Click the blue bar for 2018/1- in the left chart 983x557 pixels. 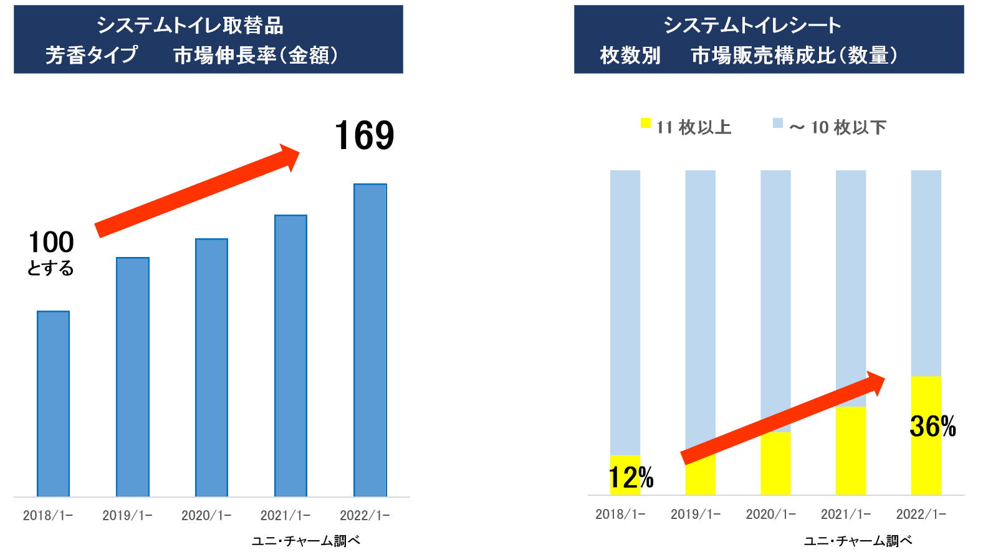click(53, 404)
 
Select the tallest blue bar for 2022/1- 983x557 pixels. click(370, 340)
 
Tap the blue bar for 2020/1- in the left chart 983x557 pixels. click(211, 367)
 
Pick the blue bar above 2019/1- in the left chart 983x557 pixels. click(132, 377)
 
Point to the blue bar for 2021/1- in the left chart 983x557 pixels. click(290, 356)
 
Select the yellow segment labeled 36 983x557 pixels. click(926, 435)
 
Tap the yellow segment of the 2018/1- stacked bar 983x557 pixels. click(625, 475)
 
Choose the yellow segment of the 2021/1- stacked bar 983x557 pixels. click(851, 450)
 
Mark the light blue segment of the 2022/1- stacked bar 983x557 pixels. click(926, 273)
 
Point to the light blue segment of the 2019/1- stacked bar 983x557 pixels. click(700, 309)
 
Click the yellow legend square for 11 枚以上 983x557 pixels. click(646, 124)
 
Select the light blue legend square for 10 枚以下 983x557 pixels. click(777, 124)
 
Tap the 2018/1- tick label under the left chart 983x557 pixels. click(48, 515)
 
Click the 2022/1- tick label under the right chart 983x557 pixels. click(921, 514)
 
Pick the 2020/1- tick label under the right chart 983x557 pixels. click(770, 514)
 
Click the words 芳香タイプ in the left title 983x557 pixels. click(92, 55)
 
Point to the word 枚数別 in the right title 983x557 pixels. click(630, 55)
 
